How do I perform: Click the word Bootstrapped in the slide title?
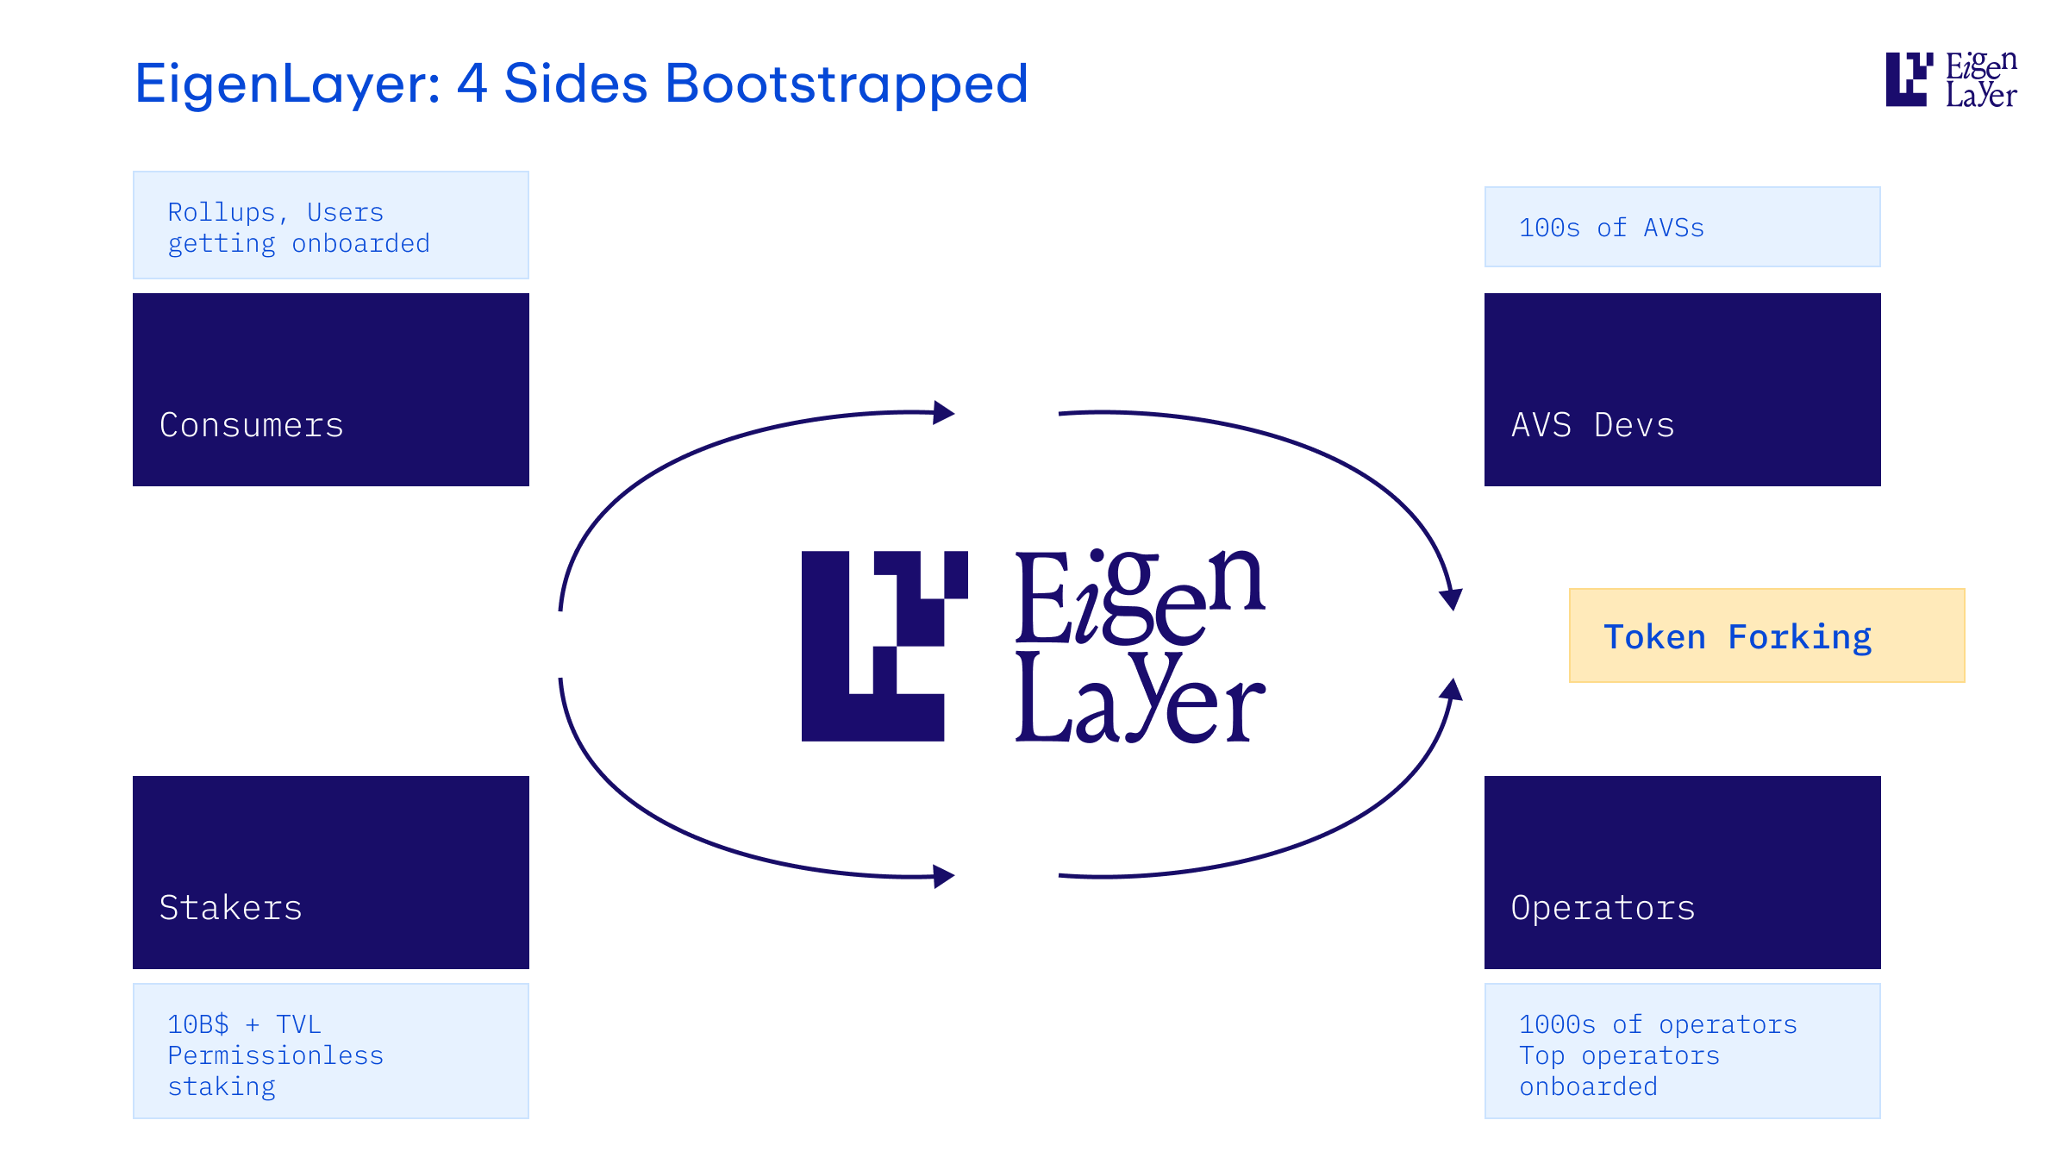tap(847, 84)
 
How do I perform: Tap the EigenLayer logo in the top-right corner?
tap(1951, 79)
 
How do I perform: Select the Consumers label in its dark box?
tap(252, 425)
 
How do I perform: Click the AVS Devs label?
tap(1592, 425)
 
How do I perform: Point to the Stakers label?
tap(231, 908)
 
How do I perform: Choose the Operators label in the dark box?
tap(1603, 908)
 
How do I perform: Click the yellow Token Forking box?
tap(1766, 636)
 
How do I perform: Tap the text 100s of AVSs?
tap(1611, 228)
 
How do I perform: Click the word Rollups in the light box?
tap(222, 212)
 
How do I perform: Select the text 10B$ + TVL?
tap(244, 1024)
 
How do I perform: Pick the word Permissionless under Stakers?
tap(275, 1055)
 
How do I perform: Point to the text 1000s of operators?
tap(1658, 1024)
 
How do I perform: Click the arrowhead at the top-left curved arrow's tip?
tap(945, 413)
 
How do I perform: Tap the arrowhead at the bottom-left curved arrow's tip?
tap(945, 877)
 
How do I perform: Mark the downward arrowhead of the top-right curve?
tap(1452, 599)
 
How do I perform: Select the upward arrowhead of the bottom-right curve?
tap(1452, 690)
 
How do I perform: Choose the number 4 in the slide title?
tap(472, 84)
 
